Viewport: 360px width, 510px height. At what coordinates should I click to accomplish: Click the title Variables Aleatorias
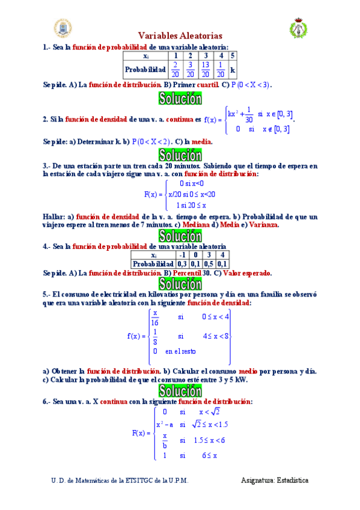(x=180, y=36)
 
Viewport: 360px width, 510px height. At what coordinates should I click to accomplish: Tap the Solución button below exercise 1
(x=180, y=98)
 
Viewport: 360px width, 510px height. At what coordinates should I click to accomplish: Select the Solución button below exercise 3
(x=180, y=235)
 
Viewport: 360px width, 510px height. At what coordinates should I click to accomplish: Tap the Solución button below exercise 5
(x=180, y=391)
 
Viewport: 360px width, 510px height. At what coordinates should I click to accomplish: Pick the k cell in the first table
(x=233, y=70)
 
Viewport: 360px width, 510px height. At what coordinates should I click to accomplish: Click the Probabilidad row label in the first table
(x=145, y=70)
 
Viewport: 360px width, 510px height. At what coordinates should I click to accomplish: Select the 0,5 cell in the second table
(x=209, y=263)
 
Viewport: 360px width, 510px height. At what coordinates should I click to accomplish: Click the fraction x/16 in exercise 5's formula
(x=154, y=318)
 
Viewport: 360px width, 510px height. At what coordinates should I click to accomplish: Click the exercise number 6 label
(x=46, y=401)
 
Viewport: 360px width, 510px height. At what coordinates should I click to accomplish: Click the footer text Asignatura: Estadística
(x=275, y=481)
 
